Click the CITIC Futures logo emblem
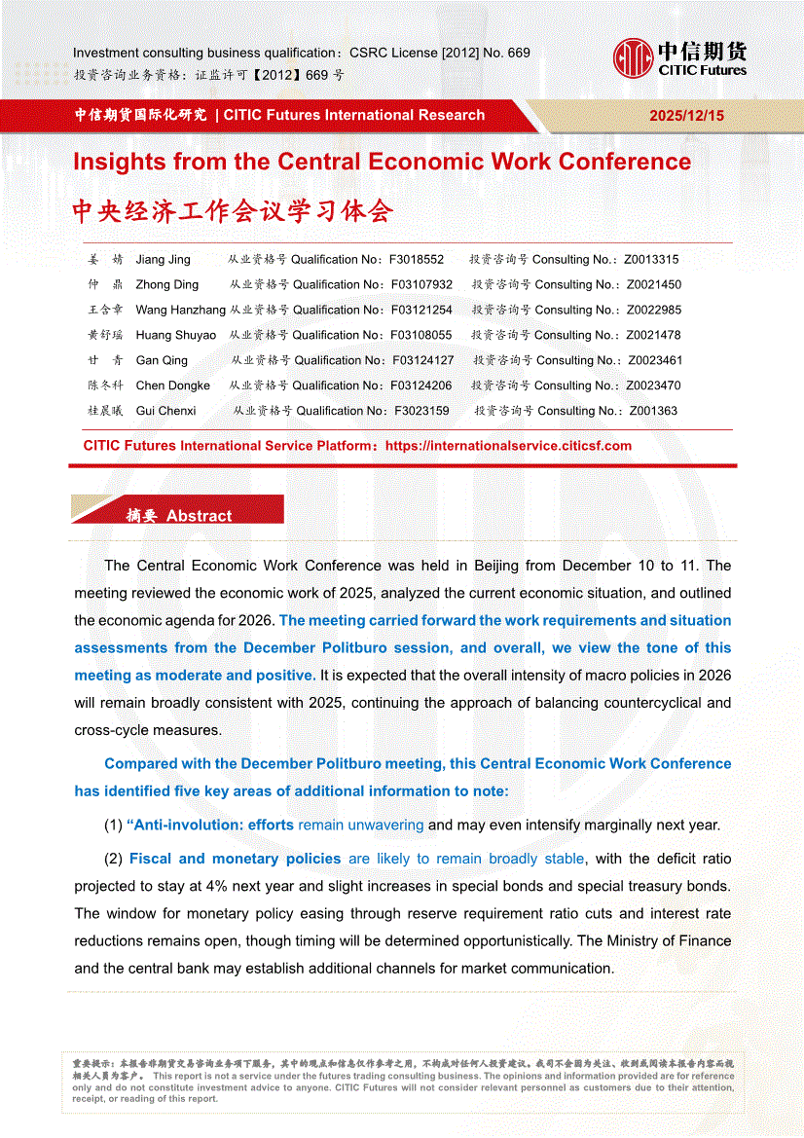point(633,57)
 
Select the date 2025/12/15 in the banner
point(687,115)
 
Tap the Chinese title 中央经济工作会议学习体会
point(234,211)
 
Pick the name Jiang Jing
point(163,260)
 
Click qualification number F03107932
point(421,285)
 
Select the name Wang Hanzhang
point(180,311)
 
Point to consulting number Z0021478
point(654,336)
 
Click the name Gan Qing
point(162,360)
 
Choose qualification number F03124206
point(421,385)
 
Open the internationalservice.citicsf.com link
point(508,446)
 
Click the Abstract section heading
point(199,516)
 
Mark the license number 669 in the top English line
point(518,53)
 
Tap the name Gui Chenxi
point(165,411)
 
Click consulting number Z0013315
point(651,260)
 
